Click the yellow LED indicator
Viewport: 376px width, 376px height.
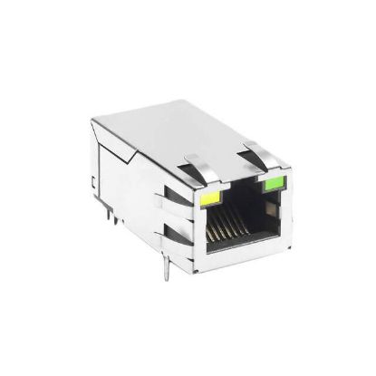coord(210,193)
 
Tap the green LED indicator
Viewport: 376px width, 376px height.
coord(271,187)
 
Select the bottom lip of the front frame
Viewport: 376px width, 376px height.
coord(243,263)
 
